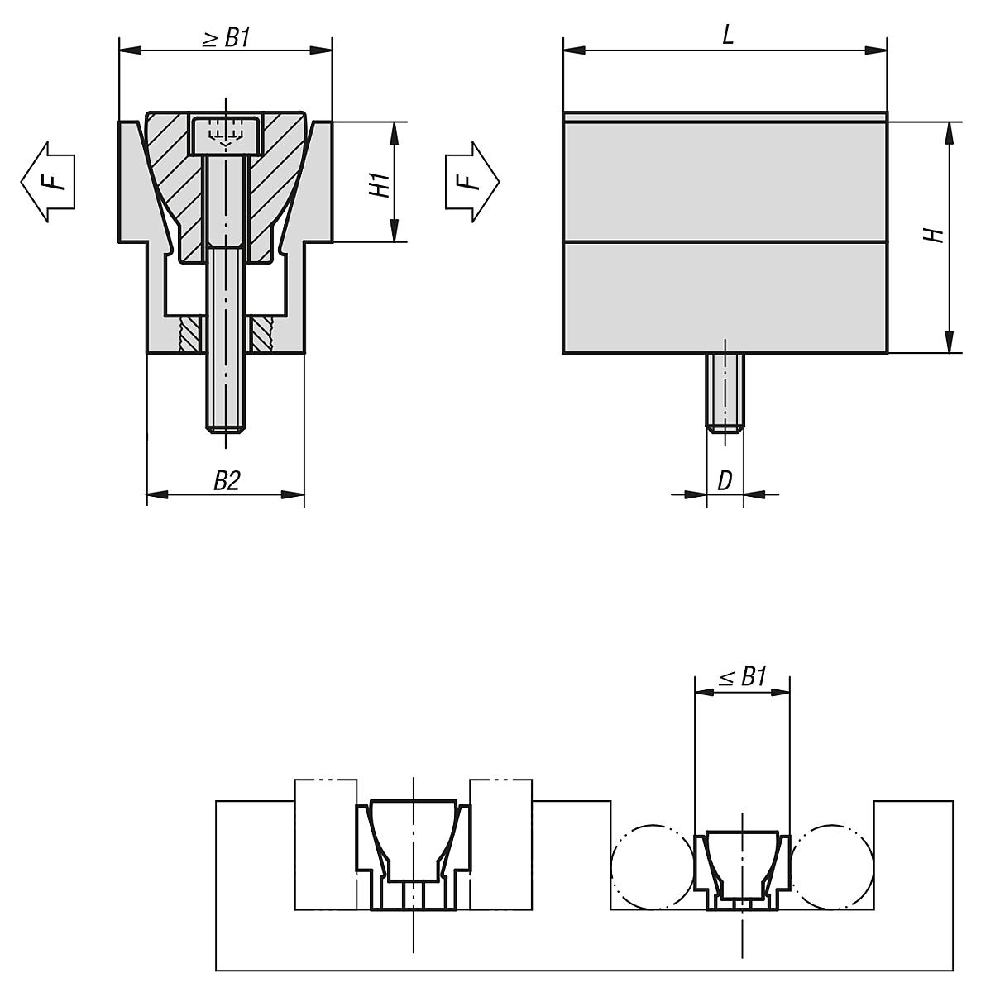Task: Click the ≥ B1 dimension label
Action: (x=226, y=39)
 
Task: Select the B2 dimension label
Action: (x=226, y=481)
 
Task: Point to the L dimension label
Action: (x=727, y=35)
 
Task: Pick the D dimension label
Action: (x=725, y=480)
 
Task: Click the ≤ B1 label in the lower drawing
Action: (x=742, y=678)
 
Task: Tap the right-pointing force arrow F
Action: (x=473, y=180)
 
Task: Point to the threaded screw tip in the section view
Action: (x=225, y=417)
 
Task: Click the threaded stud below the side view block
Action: (x=725, y=393)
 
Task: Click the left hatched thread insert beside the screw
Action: (x=191, y=335)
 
